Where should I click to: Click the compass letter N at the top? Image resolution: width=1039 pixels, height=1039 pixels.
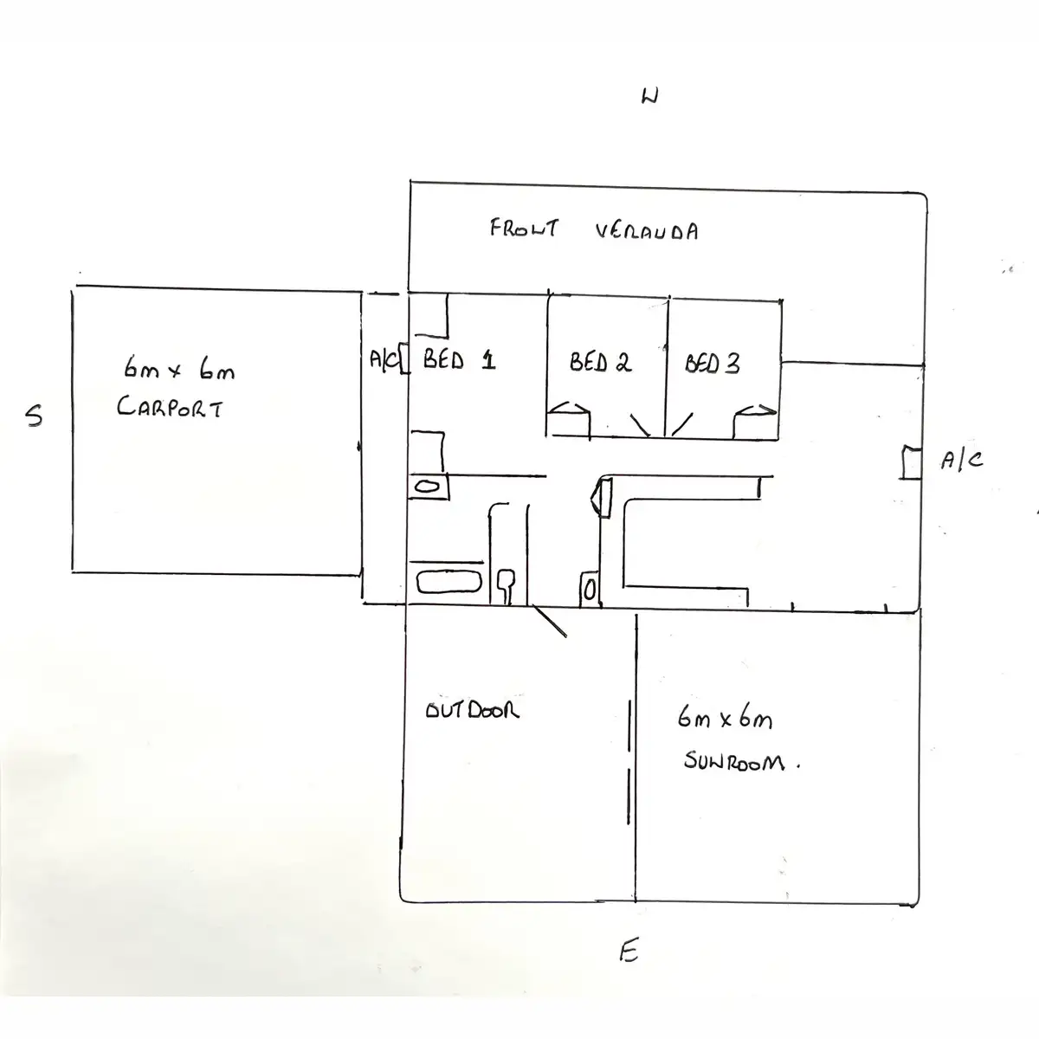tap(649, 96)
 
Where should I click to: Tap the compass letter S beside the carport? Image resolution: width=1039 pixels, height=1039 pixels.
tap(33, 416)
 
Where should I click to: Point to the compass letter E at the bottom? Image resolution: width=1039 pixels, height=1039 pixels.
tap(629, 952)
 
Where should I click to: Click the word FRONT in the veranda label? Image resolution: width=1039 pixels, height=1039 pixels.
tap(524, 229)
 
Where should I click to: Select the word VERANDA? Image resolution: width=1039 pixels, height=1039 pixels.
tap(647, 231)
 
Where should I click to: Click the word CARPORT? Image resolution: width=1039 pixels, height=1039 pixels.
tap(170, 407)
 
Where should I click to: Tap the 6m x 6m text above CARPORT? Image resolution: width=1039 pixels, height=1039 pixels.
tap(179, 371)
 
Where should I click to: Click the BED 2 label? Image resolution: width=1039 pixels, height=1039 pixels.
tap(600, 362)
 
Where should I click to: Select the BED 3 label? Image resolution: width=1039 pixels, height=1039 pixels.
tap(713, 364)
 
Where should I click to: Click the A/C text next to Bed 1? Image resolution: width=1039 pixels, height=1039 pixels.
tap(382, 358)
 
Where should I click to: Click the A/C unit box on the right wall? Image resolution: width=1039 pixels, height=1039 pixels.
tap(910, 461)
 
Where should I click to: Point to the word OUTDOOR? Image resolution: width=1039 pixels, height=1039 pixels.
tap(472, 711)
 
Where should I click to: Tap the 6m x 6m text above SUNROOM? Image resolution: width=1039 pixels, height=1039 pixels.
tap(725, 719)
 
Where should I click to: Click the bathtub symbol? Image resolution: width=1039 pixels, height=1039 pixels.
tap(449, 582)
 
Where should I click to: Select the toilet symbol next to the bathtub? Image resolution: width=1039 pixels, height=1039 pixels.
tap(507, 585)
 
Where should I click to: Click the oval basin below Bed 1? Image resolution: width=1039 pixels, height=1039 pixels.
tap(427, 487)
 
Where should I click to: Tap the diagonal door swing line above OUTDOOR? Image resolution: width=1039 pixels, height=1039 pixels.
tap(549, 621)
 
